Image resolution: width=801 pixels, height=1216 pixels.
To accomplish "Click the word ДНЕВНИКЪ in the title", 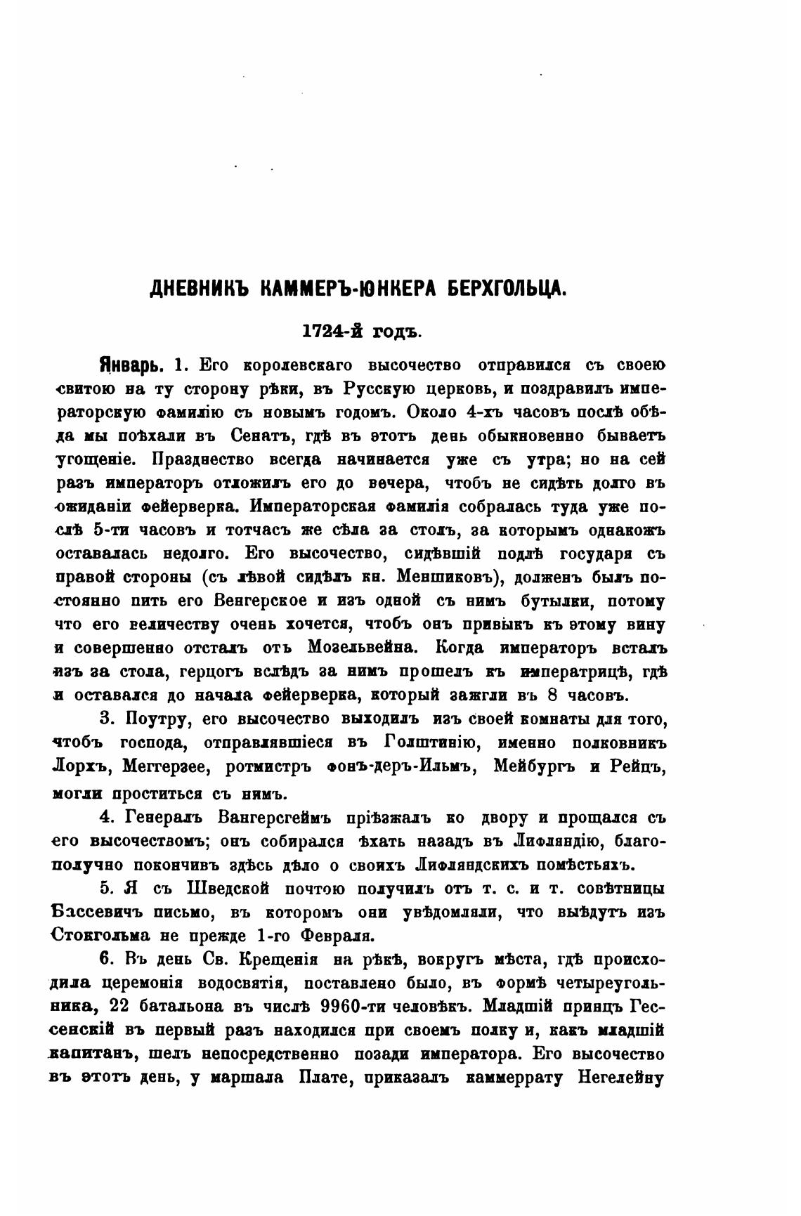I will click(x=197, y=289).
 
